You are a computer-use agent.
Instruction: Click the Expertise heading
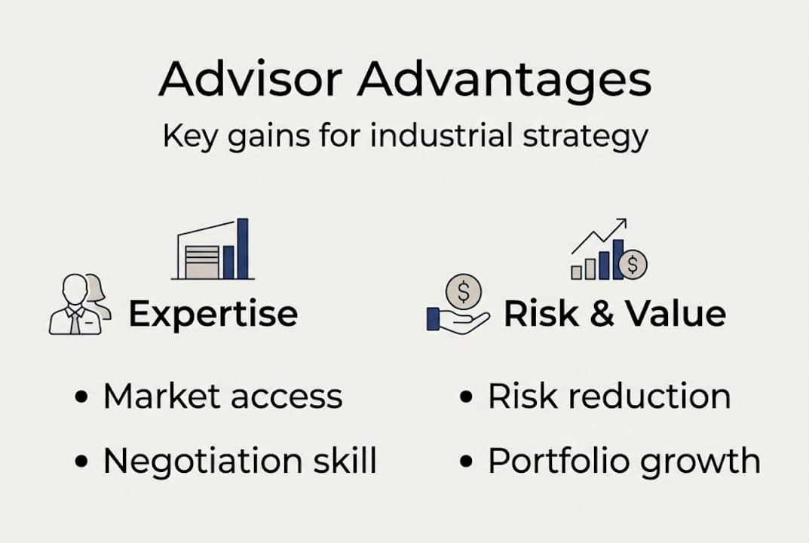click(x=213, y=314)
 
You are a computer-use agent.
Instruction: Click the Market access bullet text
click(x=222, y=397)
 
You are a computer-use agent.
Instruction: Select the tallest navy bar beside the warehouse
click(x=242, y=249)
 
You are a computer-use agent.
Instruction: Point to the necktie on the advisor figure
click(x=75, y=320)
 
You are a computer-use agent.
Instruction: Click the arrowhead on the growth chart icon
click(x=621, y=223)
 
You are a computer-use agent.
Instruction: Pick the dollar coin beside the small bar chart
click(x=633, y=264)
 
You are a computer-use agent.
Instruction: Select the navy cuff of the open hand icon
click(x=434, y=318)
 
